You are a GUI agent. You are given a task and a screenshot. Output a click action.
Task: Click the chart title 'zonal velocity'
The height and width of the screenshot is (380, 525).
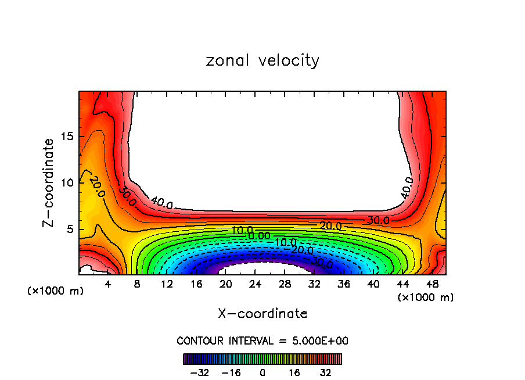(262, 60)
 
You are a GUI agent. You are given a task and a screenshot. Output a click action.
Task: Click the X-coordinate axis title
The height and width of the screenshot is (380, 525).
(262, 314)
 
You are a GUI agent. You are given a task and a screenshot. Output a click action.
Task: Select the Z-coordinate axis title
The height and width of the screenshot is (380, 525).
(49, 182)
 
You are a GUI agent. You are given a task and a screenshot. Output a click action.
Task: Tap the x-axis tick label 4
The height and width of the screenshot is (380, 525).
(108, 284)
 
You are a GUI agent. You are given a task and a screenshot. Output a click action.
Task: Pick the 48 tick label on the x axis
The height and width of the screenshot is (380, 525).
(432, 284)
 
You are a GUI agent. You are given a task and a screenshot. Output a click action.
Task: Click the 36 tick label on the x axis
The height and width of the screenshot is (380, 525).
(344, 284)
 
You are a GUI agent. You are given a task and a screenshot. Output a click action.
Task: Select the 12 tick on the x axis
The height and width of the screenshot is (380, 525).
(167, 284)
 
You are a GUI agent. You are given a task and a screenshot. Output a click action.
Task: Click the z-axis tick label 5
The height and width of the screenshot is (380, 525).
(70, 230)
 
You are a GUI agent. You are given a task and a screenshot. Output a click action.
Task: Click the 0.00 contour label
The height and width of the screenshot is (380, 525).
(259, 236)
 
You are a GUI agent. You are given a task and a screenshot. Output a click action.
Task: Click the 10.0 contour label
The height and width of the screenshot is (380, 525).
(242, 231)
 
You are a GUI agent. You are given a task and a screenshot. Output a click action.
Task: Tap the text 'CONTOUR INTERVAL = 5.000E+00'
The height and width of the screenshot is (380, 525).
(262, 340)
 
